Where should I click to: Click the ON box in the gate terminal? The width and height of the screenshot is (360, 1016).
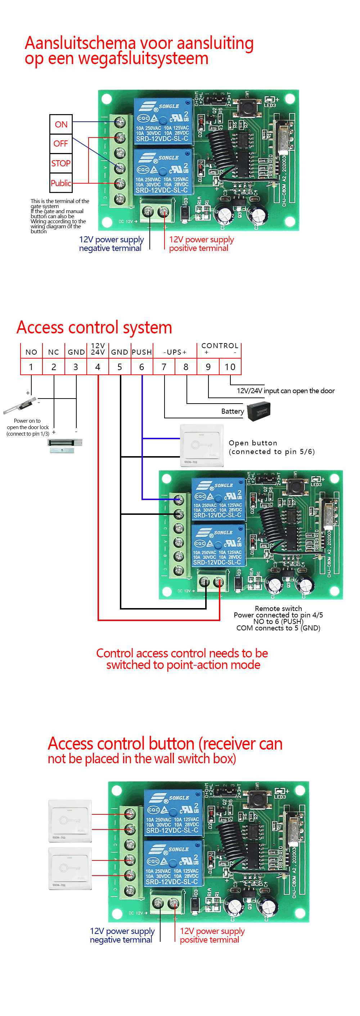[61, 124]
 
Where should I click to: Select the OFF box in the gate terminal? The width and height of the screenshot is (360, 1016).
[61, 144]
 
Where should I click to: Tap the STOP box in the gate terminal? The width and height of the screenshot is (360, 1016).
[61, 163]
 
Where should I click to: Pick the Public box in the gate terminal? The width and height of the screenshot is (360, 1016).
[61, 183]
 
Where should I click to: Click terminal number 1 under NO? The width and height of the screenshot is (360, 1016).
[31, 367]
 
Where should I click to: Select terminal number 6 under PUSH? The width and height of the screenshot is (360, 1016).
[141, 367]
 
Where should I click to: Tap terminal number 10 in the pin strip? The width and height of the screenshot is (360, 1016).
[230, 367]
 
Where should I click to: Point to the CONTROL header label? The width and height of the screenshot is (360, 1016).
[220, 346]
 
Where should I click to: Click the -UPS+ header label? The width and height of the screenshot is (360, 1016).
[175, 352]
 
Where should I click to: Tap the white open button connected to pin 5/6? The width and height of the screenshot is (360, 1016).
[202, 445]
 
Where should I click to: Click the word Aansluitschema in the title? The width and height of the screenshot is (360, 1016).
[80, 43]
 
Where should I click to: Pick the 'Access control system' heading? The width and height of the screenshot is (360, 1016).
[94, 327]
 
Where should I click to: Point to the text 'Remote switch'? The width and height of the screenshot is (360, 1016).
[278, 608]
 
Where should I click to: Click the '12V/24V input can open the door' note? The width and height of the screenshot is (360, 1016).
[285, 391]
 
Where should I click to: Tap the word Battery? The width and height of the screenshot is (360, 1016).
[232, 411]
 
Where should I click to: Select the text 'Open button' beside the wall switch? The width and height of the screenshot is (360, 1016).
[253, 442]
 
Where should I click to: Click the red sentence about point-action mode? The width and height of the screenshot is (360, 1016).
[182, 658]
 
